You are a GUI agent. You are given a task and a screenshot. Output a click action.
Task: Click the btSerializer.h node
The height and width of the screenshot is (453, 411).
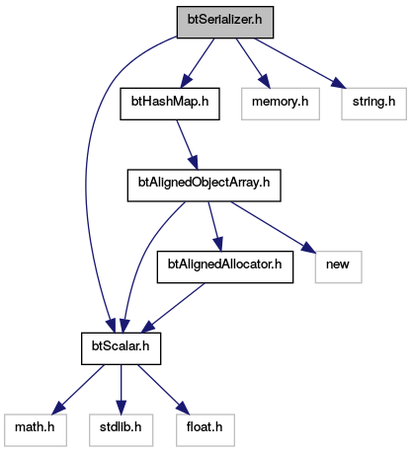(x=225, y=22)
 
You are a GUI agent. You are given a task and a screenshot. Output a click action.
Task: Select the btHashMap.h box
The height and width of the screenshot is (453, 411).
(x=170, y=104)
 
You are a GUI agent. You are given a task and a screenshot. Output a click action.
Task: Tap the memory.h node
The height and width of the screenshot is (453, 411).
(x=281, y=104)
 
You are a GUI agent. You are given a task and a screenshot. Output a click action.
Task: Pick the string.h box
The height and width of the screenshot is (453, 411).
(x=373, y=104)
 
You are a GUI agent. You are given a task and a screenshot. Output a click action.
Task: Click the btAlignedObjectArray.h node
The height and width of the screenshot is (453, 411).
(x=205, y=186)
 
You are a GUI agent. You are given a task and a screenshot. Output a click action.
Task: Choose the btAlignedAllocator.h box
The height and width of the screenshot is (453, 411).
(x=225, y=266)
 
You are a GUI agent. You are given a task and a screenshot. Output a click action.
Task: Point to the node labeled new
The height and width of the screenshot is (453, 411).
(x=338, y=266)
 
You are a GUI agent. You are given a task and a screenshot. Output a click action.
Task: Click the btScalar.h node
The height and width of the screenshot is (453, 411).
(x=121, y=348)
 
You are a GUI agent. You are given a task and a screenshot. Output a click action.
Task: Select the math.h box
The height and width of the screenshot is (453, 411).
(x=36, y=430)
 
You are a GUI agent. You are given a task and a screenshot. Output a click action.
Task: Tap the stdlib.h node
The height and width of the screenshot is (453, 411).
(x=121, y=430)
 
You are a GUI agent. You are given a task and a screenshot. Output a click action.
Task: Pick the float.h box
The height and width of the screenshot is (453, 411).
(x=205, y=430)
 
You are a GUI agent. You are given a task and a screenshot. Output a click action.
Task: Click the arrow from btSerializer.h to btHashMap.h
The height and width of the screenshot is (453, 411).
(x=197, y=63)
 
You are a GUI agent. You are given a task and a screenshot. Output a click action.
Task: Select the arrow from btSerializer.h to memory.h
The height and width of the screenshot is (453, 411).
(x=253, y=63)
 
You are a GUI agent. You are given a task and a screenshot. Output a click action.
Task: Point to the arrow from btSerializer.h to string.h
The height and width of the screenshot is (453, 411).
(x=300, y=63)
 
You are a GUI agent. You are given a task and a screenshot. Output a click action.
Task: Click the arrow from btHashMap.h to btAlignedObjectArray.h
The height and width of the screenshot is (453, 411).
(x=187, y=145)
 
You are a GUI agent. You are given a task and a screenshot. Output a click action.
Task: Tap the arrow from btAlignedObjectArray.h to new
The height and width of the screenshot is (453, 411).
(x=273, y=227)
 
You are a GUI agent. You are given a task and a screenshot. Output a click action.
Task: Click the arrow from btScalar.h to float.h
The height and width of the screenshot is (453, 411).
(x=164, y=389)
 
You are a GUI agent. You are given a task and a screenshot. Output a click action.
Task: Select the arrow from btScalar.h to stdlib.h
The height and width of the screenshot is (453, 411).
(x=121, y=389)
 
